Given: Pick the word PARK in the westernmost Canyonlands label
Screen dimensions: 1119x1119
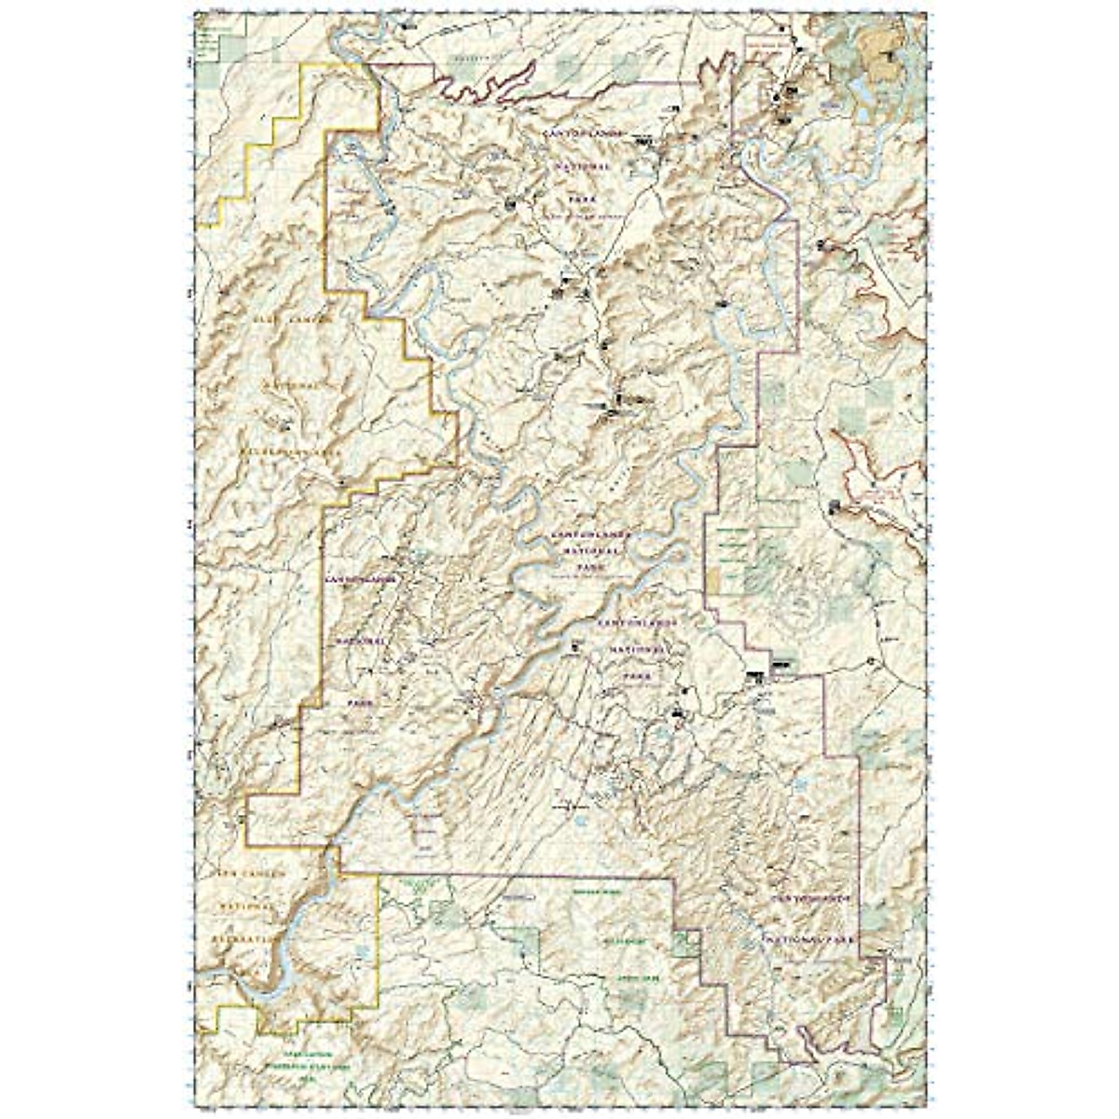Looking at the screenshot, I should [356, 703].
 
